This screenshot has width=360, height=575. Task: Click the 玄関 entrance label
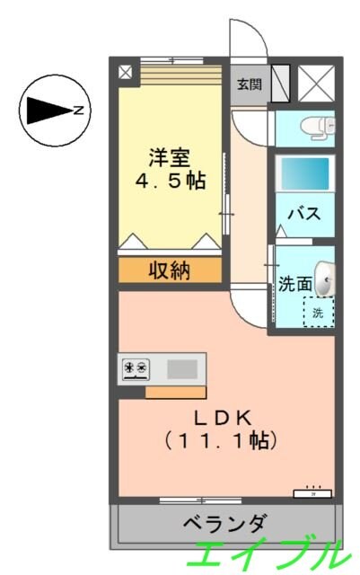pos(249,85)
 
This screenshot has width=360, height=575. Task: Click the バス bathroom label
pos(304,215)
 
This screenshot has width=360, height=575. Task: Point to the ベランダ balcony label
pos(225,523)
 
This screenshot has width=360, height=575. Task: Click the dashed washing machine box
pos(318,313)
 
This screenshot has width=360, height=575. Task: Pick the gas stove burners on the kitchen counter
pos(136,367)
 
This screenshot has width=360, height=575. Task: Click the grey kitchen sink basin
pos(183,367)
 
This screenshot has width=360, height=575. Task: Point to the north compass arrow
pos(48,111)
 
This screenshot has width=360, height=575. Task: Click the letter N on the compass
pos(78,111)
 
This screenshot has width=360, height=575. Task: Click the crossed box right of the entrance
pos(314,84)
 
